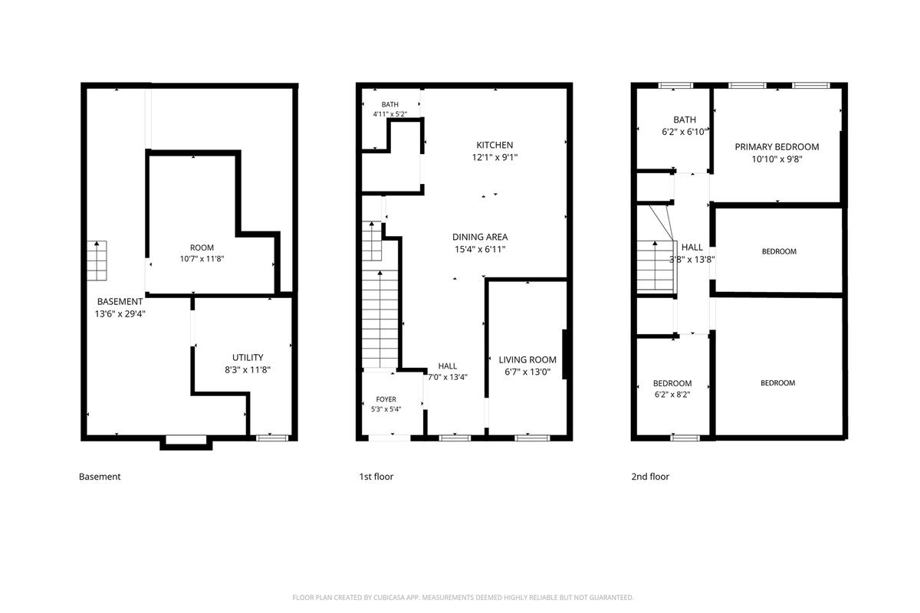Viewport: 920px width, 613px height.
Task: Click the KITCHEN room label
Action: point(495,145)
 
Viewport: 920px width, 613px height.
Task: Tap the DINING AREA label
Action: point(480,237)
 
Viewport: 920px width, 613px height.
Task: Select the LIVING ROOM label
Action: point(527,359)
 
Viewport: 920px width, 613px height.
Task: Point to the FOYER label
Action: point(386,399)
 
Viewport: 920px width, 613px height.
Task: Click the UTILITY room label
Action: point(248,357)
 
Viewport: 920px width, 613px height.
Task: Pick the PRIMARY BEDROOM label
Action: point(777,146)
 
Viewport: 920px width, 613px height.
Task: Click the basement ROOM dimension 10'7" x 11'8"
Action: point(202,259)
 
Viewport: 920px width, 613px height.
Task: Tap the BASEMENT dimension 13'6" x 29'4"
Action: point(120,314)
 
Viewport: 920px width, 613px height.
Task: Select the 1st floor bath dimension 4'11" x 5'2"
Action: point(389,114)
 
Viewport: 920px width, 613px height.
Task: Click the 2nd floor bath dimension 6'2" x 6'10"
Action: point(685,132)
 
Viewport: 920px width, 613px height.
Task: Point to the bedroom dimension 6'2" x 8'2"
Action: point(672,395)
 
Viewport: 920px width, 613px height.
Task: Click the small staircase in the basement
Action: point(97,261)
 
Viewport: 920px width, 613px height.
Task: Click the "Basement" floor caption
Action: point(100,477)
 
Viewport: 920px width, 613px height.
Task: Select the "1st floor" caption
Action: point(376,477)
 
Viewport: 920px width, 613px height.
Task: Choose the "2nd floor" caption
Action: point(650,477)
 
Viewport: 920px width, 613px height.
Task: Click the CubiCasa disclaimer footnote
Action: point(463,598)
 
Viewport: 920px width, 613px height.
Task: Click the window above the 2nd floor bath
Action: point(675,85)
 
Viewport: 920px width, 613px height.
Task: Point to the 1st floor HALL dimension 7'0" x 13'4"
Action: point(448,377)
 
